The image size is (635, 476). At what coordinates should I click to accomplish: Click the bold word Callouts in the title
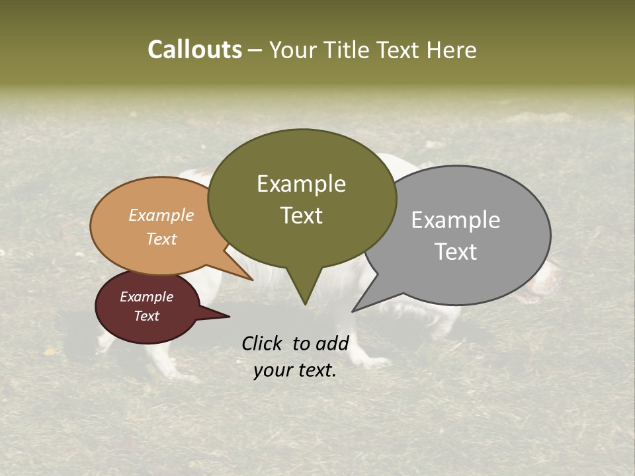pyautogui.click(x=194, y=50)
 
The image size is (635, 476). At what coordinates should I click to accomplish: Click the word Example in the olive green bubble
pyautogui.click(x=301, y=184)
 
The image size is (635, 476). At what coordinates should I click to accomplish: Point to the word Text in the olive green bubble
pyautogui.click(x=301, y=215)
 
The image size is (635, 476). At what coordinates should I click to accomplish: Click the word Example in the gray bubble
pyautogui.click(x=455, y=219)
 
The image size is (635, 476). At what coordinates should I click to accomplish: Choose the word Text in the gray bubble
pyautogui.click(x=455, y=251)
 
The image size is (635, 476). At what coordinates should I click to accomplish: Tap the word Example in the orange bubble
pyautogui.click(x=161, y=215)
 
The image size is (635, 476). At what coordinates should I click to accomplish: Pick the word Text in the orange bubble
pyautogui.click(x=161, y=239)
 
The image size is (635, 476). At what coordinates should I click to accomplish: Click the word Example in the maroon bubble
pyautogui.click(x=146, y=297)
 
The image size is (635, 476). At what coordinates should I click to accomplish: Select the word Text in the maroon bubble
pyautogui.click(x=146, y=316)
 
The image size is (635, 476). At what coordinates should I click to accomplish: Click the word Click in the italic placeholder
pyautogui.click(x=262, y=343)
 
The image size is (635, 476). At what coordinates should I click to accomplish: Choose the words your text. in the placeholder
pyautogui.click(x=295, y=370)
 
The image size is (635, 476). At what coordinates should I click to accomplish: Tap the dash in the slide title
pyautogui.click(x=255, y=50)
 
